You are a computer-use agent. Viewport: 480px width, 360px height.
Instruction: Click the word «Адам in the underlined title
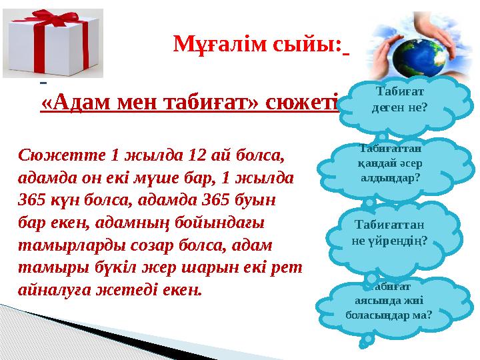(73, 102)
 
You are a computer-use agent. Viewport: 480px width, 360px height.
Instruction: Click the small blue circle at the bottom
(366, 341)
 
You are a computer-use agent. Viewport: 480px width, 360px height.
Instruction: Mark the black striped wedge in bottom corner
(100, 333)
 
